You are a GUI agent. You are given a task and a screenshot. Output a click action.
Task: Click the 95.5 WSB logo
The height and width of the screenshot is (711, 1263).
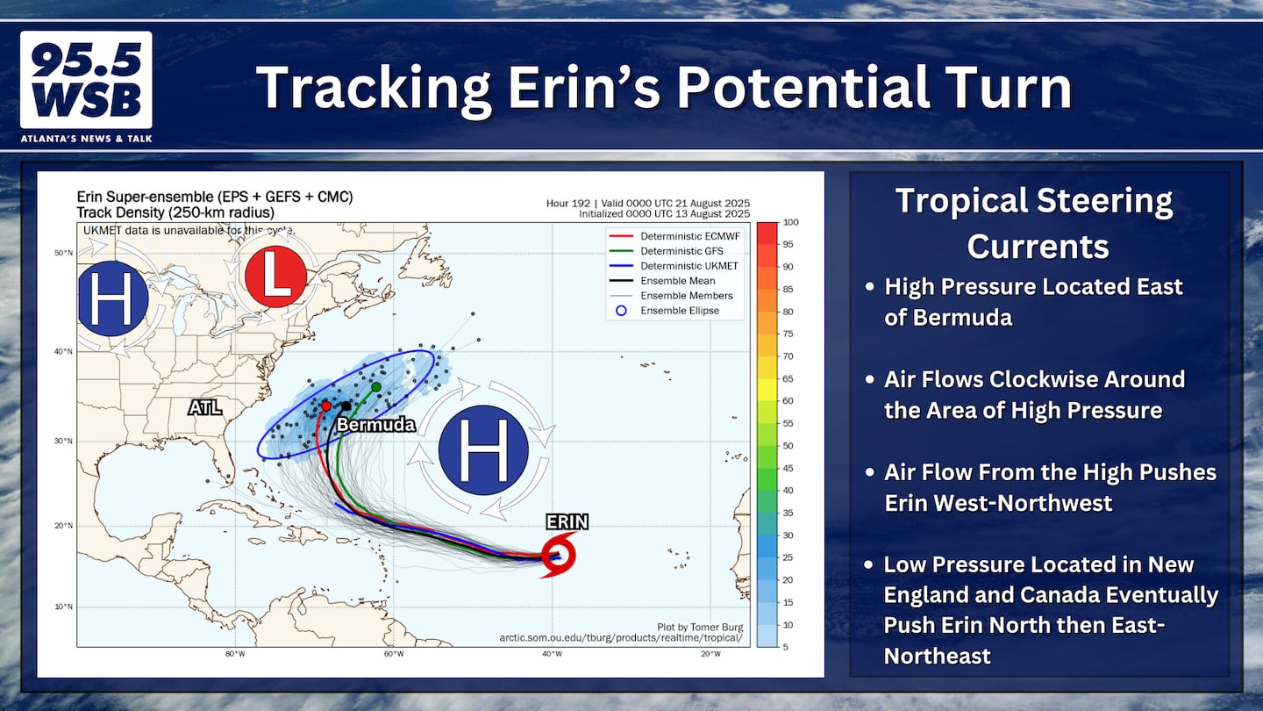(x=86, y=80)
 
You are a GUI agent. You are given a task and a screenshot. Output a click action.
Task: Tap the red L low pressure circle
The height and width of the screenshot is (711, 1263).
(x=275, y=276)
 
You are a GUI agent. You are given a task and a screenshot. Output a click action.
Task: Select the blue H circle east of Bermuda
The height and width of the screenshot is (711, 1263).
(x=483, y=449)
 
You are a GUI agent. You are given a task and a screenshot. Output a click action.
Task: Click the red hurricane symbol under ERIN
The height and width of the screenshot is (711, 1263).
(x=559, y=556)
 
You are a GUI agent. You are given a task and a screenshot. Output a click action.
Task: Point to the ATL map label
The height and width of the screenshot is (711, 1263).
(x=204, y=407)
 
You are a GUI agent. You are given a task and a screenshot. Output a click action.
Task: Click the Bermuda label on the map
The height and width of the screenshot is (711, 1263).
(x=376, y=424)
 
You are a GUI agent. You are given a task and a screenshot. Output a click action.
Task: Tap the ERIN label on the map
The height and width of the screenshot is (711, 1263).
(x=567, y=522)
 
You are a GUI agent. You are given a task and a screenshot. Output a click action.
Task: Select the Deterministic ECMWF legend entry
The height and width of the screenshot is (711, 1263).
(x=675, y=236)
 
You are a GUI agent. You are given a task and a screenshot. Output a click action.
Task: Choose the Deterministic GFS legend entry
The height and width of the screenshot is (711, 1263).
(x=667, y=251)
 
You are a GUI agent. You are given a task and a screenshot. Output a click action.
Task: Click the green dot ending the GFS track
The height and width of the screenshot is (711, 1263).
(x=376, y=386)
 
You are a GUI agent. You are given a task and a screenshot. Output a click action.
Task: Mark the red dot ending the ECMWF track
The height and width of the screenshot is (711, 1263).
(x=326, y=406)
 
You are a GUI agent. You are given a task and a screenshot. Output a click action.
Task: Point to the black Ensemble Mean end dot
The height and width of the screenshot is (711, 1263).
(x=346, y=406)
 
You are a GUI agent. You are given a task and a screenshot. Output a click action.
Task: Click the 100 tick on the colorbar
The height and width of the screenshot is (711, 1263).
(x=790, y=222)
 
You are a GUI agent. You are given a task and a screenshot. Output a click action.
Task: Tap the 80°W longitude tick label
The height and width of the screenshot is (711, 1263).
(x=235, y=654)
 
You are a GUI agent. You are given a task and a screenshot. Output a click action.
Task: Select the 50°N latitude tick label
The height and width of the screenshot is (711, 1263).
(x=63, y=253)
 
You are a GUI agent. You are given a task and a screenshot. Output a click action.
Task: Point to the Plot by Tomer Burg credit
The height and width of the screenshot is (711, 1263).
(x=700, y=627)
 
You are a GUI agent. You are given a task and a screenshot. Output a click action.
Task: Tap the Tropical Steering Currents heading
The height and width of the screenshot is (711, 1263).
(x=1035, y=224)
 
